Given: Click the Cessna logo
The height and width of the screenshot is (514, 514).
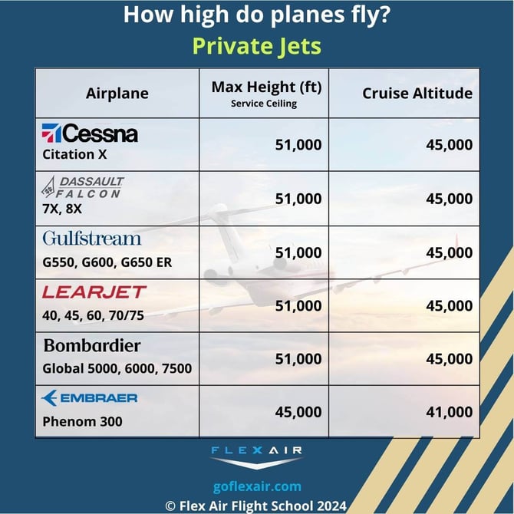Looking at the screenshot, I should click(90, 133).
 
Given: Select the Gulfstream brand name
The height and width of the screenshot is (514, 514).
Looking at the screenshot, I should click(92, 238).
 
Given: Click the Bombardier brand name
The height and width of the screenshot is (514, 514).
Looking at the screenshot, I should click(92, 345).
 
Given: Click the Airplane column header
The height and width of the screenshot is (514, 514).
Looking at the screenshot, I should click(117, 94).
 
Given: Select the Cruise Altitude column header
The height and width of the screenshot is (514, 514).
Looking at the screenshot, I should click(417, 94).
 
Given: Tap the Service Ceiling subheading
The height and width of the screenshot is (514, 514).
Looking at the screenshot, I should click(263, 104).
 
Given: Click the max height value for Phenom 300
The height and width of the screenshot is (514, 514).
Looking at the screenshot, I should click(298, 412).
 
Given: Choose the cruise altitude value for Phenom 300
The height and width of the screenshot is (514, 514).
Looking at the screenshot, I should click(449, 412).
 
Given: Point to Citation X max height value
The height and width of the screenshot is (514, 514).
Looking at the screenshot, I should click(298, 144).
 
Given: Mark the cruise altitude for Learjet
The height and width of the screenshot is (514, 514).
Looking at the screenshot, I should click(449, 305).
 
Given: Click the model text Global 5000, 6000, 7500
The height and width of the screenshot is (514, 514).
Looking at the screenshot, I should click(117, 368).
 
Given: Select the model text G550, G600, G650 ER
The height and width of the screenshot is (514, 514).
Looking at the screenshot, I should click(107, 262).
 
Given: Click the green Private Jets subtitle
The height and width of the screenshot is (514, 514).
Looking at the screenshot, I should click(256, 46).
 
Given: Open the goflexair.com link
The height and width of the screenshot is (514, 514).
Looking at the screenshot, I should click(256, 486).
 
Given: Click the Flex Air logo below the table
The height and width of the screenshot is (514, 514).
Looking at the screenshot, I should click(256, 457).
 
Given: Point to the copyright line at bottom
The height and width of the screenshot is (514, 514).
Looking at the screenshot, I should click(256, 505).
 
